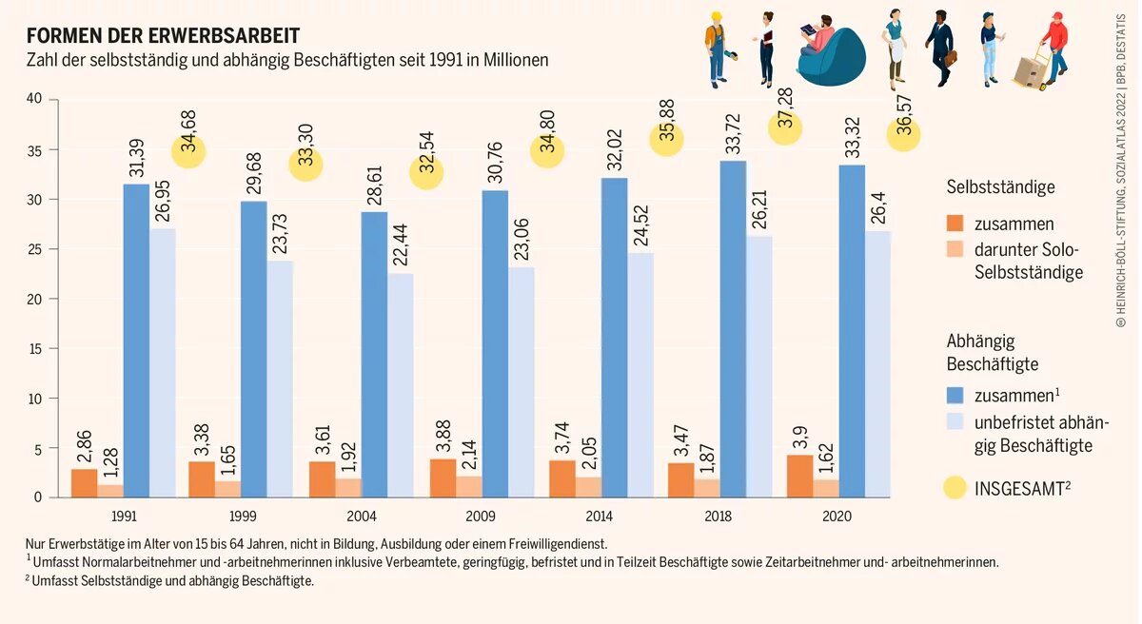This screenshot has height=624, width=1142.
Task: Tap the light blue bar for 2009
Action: click(x=521, y=380)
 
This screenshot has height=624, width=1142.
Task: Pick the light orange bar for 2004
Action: click(x=348, y=487)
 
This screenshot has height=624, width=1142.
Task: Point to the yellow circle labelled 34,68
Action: click(x=189, y=149)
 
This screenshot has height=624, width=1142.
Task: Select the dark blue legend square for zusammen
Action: click(x=955, y=394)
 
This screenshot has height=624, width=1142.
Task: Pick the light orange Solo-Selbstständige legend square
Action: click(x=955, y=250)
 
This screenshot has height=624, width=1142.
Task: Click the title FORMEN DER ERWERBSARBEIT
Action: click(x=163, y=36)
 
